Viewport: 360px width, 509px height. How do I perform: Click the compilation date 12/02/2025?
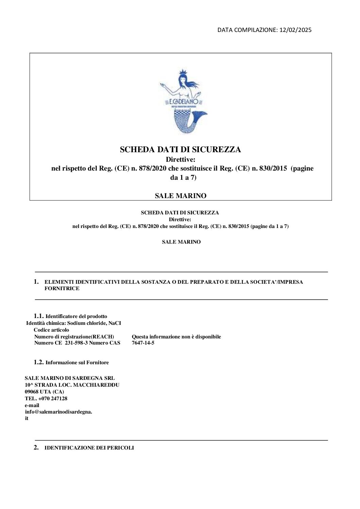(x=295, y=30)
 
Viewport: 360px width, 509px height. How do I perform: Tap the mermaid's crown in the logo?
(x=183, y=71)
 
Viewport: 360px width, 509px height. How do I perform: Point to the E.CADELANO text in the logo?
(x=183, y=102)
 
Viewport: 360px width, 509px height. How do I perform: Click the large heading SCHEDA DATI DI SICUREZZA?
(x=180, y=150)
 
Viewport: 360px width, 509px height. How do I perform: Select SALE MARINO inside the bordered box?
(x=181, y=196)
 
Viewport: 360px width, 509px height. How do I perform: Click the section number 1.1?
(x=39, y=316)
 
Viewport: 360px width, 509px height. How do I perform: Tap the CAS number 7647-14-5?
(x=143, y=343)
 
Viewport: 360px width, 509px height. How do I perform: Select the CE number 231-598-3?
(x=76, y=343)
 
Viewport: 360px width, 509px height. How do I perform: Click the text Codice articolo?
(x=51, y=330)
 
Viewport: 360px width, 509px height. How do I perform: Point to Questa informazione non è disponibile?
(x=176, y=337)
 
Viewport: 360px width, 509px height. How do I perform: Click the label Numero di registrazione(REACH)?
(x=74, y=337)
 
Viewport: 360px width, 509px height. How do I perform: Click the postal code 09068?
(x=32, y=392)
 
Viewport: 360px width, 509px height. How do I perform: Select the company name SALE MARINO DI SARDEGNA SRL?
(x=70, y=378)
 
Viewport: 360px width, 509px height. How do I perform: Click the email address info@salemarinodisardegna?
(x=58, y=412)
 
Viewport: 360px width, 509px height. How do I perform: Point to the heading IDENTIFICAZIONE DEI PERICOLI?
(x=89, y=448)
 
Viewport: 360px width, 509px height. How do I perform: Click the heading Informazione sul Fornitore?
(x=77, y=363)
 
